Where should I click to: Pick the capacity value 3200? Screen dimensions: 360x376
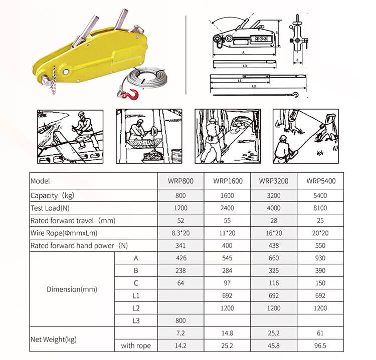(273, 195)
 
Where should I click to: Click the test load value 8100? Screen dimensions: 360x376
(320, 208)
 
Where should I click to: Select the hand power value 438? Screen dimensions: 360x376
(273, 245)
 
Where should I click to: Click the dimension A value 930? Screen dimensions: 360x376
(320, 258)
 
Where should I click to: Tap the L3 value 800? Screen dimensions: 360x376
(181, 320)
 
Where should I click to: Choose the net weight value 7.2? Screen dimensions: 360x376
(181, 333)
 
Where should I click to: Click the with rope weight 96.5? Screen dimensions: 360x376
(320, 345)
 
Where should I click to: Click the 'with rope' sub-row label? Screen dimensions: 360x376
(135, 345)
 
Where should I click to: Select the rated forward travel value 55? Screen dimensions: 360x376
(227, 220)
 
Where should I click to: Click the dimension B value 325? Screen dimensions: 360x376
(273, 271)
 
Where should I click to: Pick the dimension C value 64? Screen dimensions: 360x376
(181, 283)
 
